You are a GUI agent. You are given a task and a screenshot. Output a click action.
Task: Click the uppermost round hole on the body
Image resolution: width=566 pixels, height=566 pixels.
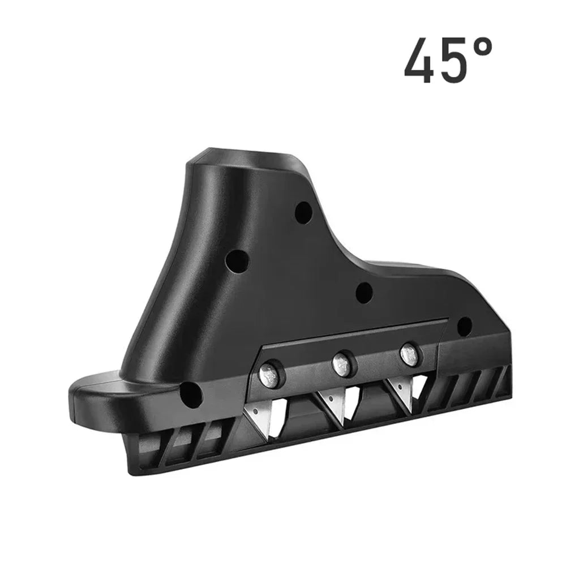pos(303,212)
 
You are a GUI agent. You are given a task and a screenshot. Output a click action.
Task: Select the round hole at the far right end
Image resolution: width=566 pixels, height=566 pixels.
pos(464,326)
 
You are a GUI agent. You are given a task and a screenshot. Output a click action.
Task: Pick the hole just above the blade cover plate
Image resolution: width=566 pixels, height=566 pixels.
pos(363,292)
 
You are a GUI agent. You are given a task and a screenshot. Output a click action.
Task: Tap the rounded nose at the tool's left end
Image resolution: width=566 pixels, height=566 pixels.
pos(88,396)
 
